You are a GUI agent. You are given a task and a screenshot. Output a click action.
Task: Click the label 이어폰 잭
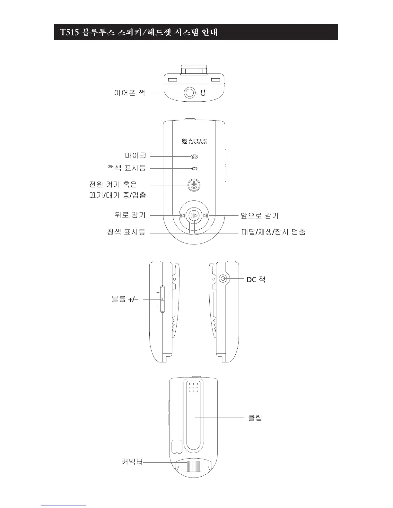[130, 93]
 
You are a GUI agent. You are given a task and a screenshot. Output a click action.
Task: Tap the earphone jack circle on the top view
[190, 93]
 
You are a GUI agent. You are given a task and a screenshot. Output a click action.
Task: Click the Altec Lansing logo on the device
[194, 141]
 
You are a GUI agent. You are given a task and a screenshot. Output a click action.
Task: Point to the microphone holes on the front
[194, 157]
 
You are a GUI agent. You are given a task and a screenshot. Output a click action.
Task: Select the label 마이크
[135, 156]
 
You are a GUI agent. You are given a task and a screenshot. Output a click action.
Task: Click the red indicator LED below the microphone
[194, 168]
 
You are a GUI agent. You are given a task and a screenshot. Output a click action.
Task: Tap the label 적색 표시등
[126, 167]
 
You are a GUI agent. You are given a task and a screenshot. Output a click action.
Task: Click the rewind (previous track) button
[182, 216]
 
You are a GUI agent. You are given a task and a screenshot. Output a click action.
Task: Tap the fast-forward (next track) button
[206, 216]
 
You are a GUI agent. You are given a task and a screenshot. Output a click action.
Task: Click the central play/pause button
[194, 216]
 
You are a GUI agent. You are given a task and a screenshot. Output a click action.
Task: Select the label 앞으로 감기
[259, 216]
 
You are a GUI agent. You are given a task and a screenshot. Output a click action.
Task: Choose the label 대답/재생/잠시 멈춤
[273, 232]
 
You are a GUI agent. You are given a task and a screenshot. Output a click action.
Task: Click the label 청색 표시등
[126, 232]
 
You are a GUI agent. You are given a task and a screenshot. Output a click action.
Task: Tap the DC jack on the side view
[223, 279]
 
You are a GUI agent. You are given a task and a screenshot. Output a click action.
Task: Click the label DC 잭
[256, 280]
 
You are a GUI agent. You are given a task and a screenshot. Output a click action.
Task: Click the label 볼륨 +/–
[125, 300]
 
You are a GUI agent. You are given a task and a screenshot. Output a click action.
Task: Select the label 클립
[255, 418]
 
